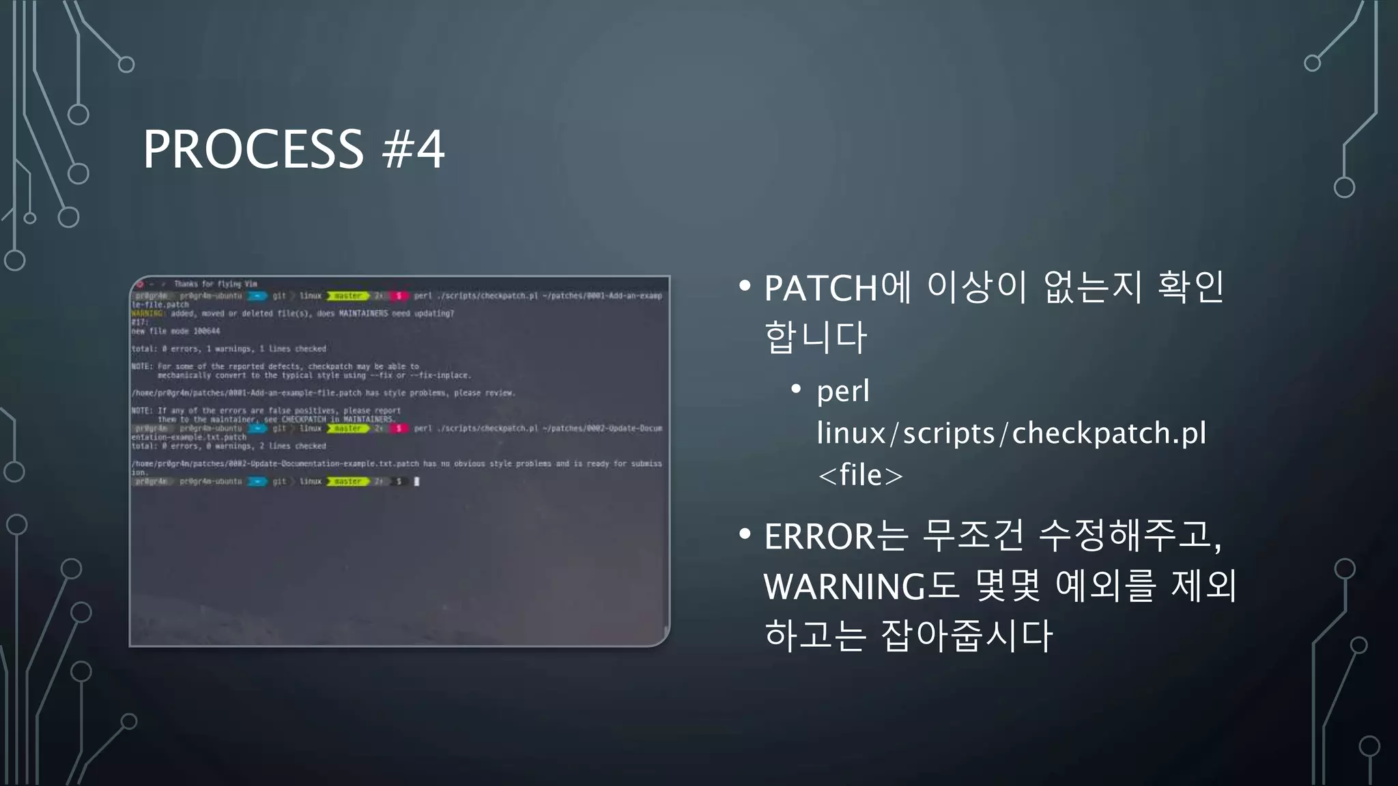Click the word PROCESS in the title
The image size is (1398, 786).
click(253, 149)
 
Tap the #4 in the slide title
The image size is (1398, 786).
click(414, 149)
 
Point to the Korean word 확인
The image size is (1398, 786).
click(1190, 287)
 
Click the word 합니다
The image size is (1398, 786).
click(816, 337)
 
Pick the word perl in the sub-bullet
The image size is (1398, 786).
click(843, 392)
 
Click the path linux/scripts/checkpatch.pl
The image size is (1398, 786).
click(1011, 433)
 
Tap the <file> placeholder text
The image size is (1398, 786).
click(860, 475)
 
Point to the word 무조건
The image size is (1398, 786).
click(973, 536)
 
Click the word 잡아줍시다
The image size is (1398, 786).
click(967, 635)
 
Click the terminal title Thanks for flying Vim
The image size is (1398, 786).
click(215, 284)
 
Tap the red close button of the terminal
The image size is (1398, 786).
click(139, 284)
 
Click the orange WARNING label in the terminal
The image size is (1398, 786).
click(147, 314)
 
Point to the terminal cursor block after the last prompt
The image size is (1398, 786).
click(417, 482)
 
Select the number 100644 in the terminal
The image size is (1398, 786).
click(206, 332)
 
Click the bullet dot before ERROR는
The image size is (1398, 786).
click(745, 534)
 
